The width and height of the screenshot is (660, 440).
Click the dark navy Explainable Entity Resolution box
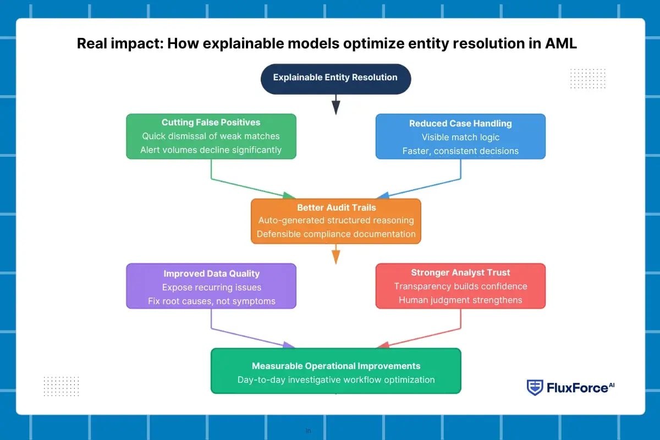(335, 78)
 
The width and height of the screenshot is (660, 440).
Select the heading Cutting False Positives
(211, 123)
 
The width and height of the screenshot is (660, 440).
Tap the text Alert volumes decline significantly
(211, 150)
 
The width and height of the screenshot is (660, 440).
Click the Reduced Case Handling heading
(460, 124)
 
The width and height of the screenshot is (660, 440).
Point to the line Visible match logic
(460, 137)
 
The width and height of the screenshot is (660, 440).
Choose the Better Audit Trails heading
(337, 207)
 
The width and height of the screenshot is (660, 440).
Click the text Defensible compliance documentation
(337, 234)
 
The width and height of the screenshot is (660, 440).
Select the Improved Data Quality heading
(211, 273)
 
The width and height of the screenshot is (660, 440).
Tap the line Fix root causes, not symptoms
(211, 301)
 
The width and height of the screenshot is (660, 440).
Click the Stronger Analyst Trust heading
(460, 272)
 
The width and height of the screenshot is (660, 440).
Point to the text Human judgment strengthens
(460, 300)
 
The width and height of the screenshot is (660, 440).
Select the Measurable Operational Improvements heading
(336, 366)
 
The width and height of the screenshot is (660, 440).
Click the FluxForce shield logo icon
(535, 388)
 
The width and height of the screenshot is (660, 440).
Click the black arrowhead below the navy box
(335, 109)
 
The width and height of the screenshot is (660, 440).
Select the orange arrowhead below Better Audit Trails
(335, 257)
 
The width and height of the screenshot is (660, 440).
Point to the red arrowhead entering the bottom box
(383, 345)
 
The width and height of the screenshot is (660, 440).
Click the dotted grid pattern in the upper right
(588, 78)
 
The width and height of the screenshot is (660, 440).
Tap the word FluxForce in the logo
(576, 388)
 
